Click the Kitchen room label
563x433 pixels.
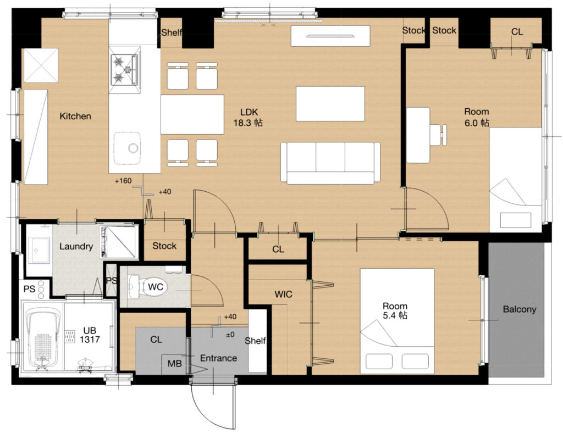click(x=75, y=116)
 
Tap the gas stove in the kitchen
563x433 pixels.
click(x=124, y=69)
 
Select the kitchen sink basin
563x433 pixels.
click(x=127, y=148)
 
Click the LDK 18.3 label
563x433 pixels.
click(x=248, y=118)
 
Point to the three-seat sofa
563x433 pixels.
click(x=330, y=163)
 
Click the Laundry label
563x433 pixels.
click(x=76, y=247)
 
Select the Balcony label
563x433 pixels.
click(x=519, y=309)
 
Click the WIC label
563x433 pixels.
click(x=283, y=295)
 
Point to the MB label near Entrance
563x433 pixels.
click(x=174, y=364)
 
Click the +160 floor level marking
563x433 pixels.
click(x=123, y=181)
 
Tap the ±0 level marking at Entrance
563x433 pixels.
click(x=230, y=335)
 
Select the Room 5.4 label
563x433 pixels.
click(x=395, y=310)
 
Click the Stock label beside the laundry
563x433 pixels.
click(x=164, y=246)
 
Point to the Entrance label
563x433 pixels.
click(x=218, y=358)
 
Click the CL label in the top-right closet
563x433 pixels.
click(x=517, y=32)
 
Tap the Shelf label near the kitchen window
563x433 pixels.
click(x=172, y=32)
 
